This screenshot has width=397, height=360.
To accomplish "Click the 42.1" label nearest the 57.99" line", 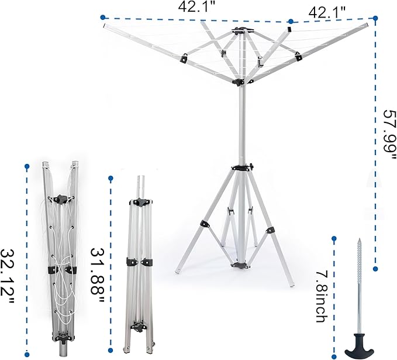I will [327, 11].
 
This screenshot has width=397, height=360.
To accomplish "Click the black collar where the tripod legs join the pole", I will [240, 167].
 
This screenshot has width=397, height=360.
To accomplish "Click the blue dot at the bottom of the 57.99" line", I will [375, 268].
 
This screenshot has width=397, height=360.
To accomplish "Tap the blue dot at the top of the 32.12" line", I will [27, 167].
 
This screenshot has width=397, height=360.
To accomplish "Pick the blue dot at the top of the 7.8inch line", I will [334, 239].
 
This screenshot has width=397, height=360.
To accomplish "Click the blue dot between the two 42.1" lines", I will [291, 22].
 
